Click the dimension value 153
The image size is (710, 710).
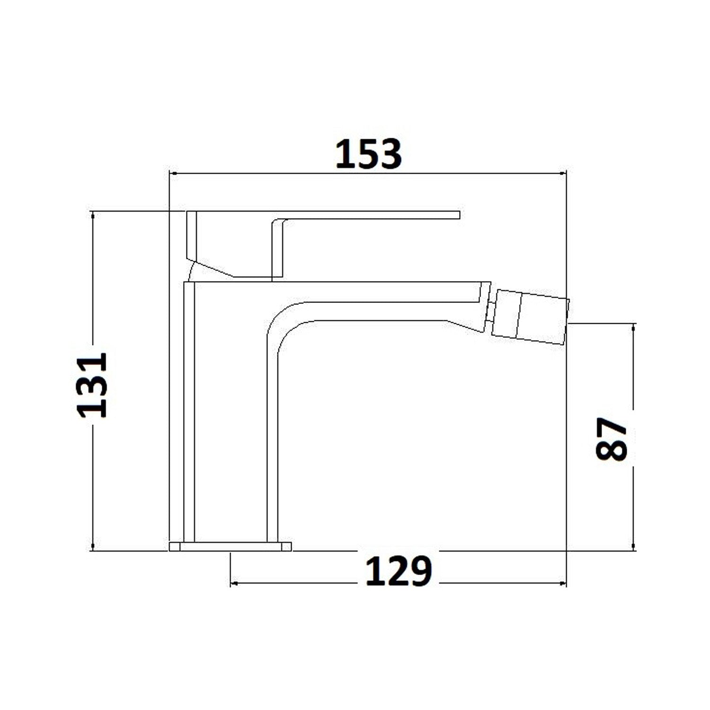coord(368,153)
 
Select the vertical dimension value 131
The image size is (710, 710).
coord(93,384)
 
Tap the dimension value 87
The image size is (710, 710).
coord(611,438)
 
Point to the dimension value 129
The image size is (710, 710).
coord(398,571)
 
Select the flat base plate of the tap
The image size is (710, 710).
coord(230,546)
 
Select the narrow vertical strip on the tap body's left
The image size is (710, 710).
coord(189,412)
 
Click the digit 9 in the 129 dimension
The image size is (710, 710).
coord(420,571)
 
